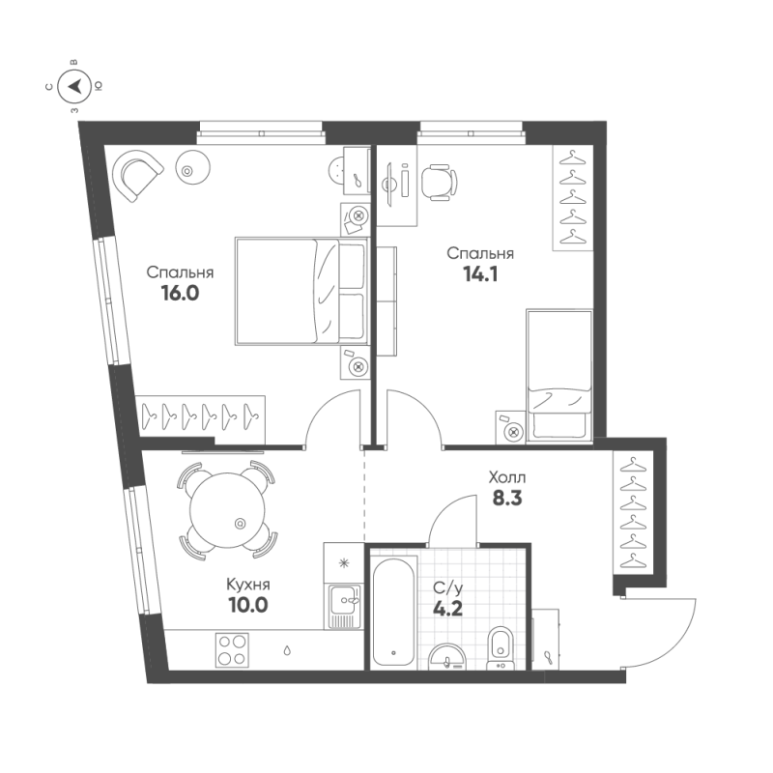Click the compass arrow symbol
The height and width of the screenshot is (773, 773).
(75, 87)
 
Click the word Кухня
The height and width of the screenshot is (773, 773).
(247, 585)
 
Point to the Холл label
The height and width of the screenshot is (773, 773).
(507, 476)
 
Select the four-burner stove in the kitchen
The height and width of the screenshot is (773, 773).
(232, 647)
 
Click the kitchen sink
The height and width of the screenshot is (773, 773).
(343, 607)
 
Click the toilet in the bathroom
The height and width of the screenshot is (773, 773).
(501, 644)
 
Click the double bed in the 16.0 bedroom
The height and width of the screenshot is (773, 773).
(300, 291)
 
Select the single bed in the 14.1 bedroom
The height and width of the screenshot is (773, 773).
(558, 374)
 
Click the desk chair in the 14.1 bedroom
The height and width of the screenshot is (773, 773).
(440, 181)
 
